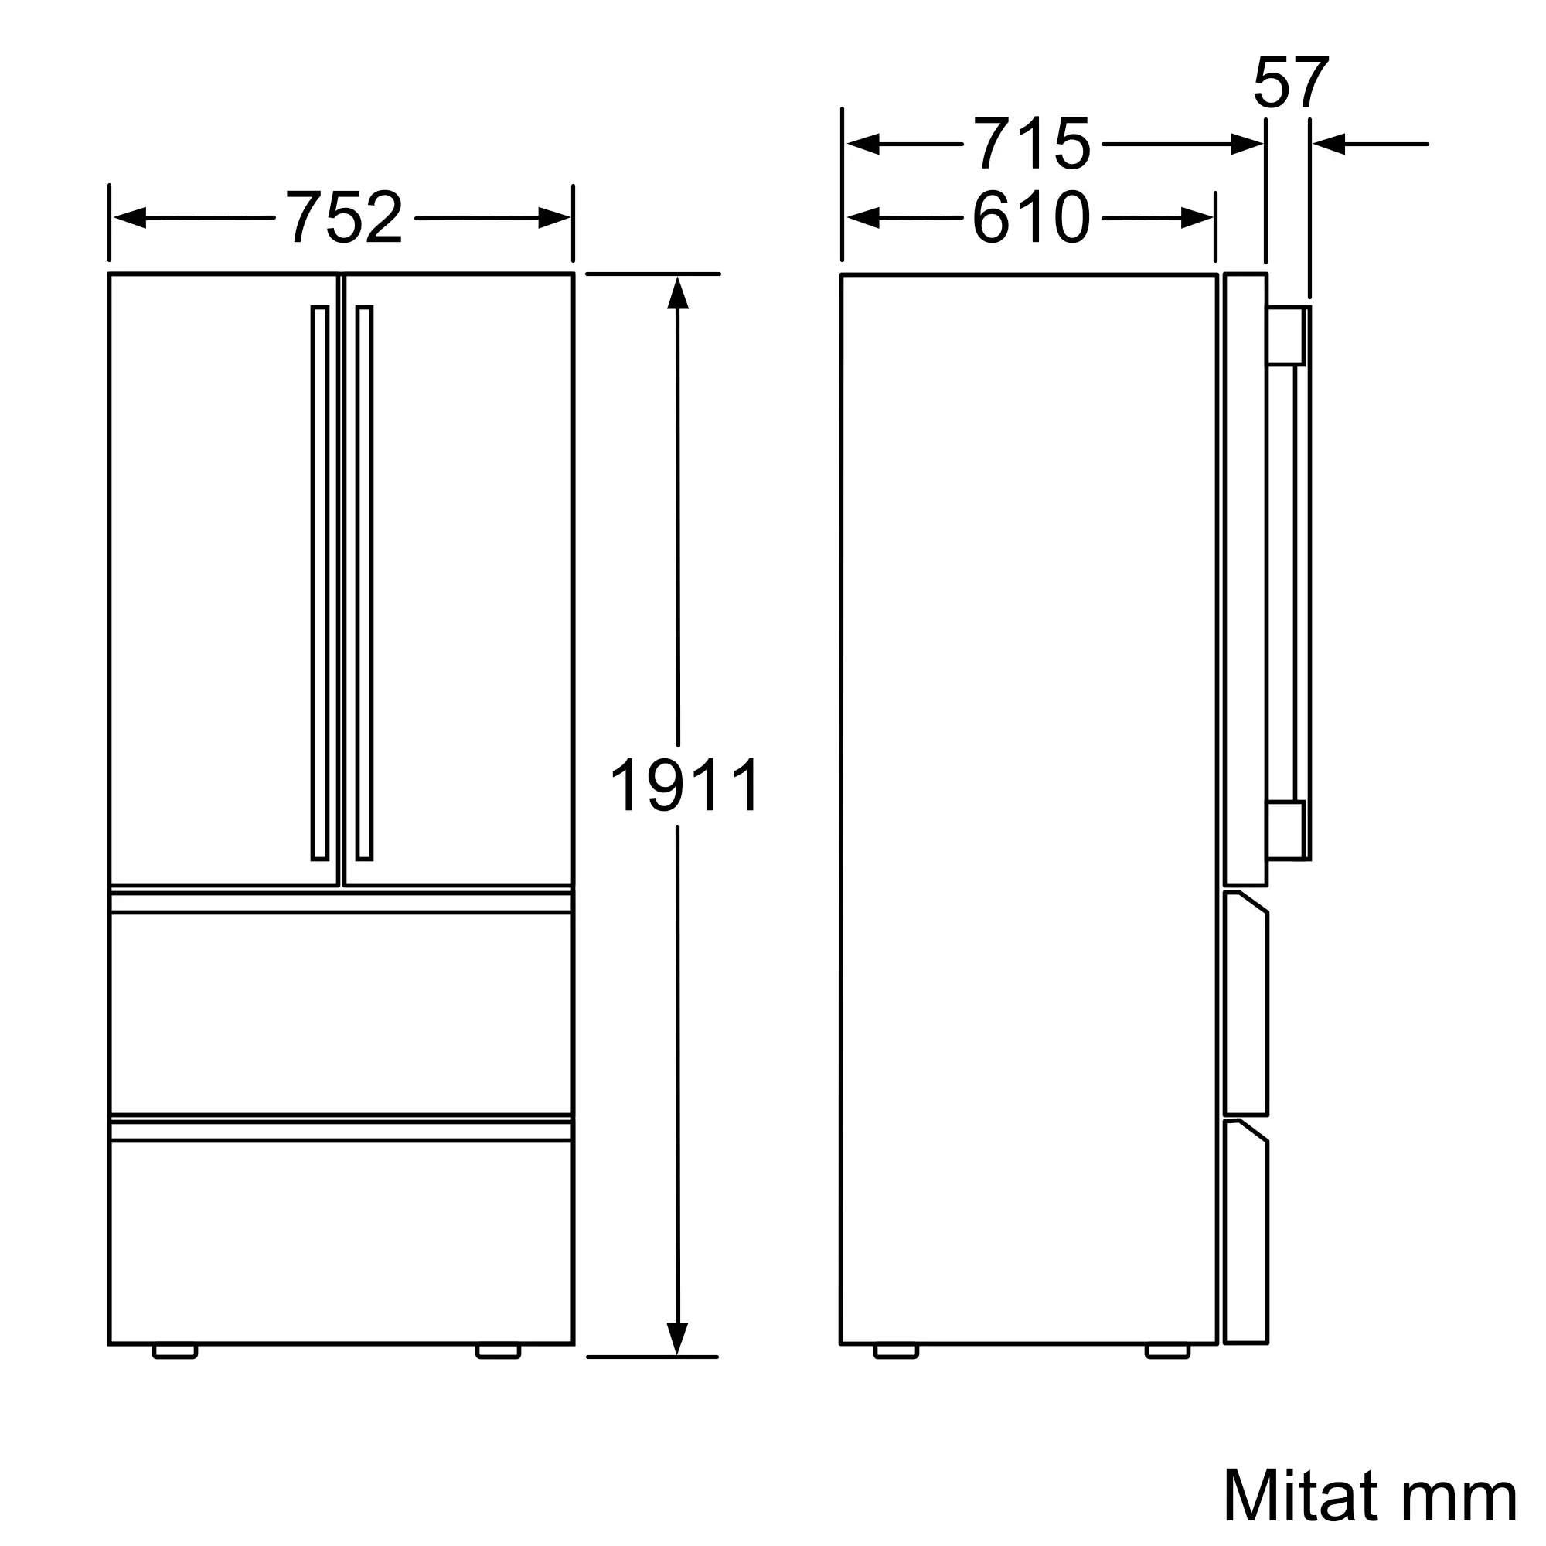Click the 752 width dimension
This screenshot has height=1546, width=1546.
pyautogui.click(x=344, y=217)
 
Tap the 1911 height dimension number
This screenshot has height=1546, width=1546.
pyautogui.click(x=685, y=786)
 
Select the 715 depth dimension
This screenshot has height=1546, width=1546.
pyautogui.click(x=1031, y=144)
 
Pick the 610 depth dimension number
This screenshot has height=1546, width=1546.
pyautogui.click(x=1031, y=217)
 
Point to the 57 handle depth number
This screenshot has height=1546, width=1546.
pyautogui.click(x=1291, y=82)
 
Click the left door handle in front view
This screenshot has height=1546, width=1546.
pyautogui.click(x=320, y=583)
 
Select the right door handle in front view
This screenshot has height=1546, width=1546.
pyautogui.click(x=364, y=583)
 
